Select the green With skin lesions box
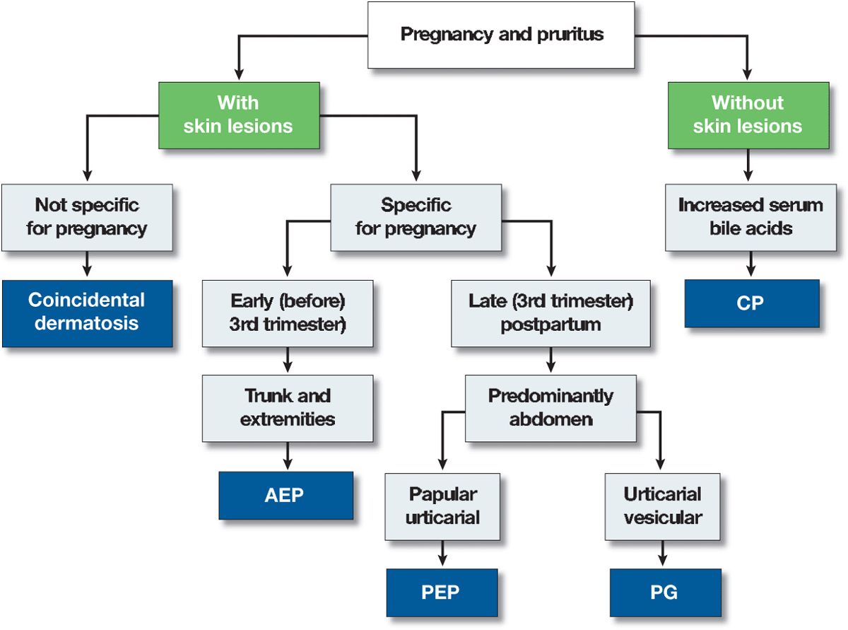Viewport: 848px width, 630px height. point(238,115)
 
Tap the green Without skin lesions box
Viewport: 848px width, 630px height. point(748,115)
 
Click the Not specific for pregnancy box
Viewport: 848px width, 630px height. point(87,217)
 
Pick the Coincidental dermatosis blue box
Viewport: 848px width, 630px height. point(87,313)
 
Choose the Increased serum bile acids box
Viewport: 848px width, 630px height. point(750,217)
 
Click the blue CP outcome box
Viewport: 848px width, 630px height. point(751,303)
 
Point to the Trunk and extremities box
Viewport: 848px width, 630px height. point(288,407)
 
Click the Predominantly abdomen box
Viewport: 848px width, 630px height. point(550,407)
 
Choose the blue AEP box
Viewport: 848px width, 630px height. point(285,494)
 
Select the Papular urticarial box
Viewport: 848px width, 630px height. point(442,506)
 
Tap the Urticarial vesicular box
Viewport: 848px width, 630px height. point(662,506)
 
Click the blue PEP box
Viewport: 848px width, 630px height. point(442,592)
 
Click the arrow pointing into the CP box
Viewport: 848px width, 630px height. point(751,266)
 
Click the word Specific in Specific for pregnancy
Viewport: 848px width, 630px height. point(416,206)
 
